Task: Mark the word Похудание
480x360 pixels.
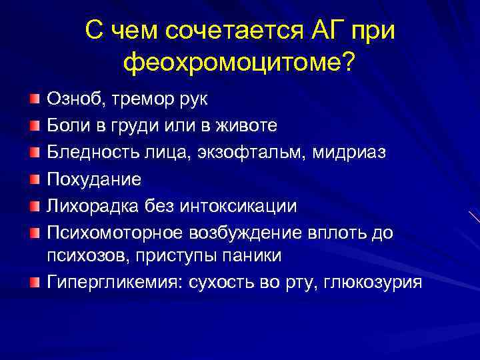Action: [x=93, y=179]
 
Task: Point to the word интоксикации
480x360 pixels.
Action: [x=245, y=205]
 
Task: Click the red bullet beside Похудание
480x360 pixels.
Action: [x=34, y=179]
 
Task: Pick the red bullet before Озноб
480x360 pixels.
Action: [x=34, y=99]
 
